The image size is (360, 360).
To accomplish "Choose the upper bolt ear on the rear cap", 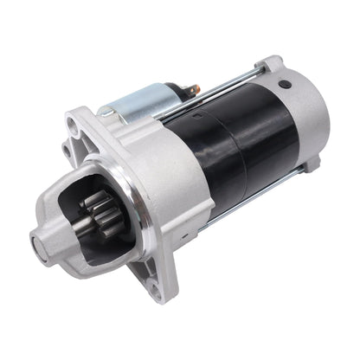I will pos(273,64).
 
